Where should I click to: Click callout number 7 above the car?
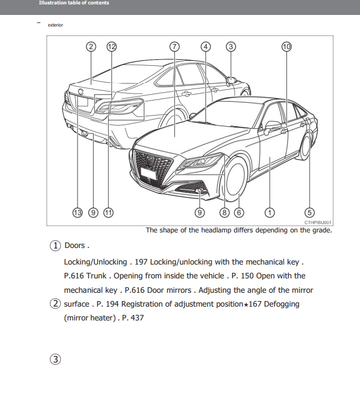[x=174, y=46]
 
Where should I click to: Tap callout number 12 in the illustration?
[x=112, y=46]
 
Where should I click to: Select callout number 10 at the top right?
[x=286, y=46]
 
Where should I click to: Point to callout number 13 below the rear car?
[x=77, y=212]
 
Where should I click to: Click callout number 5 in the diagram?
[x=310, y=212]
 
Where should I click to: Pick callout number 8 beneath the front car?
[x=225, y=212]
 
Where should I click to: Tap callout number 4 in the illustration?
[x=206, y=46]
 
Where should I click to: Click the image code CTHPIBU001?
[x=318, y=222]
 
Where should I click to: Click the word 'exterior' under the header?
[x=55, y=24]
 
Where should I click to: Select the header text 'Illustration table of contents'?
[x=74, y=3]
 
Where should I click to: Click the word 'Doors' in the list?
[x=75, y=245]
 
